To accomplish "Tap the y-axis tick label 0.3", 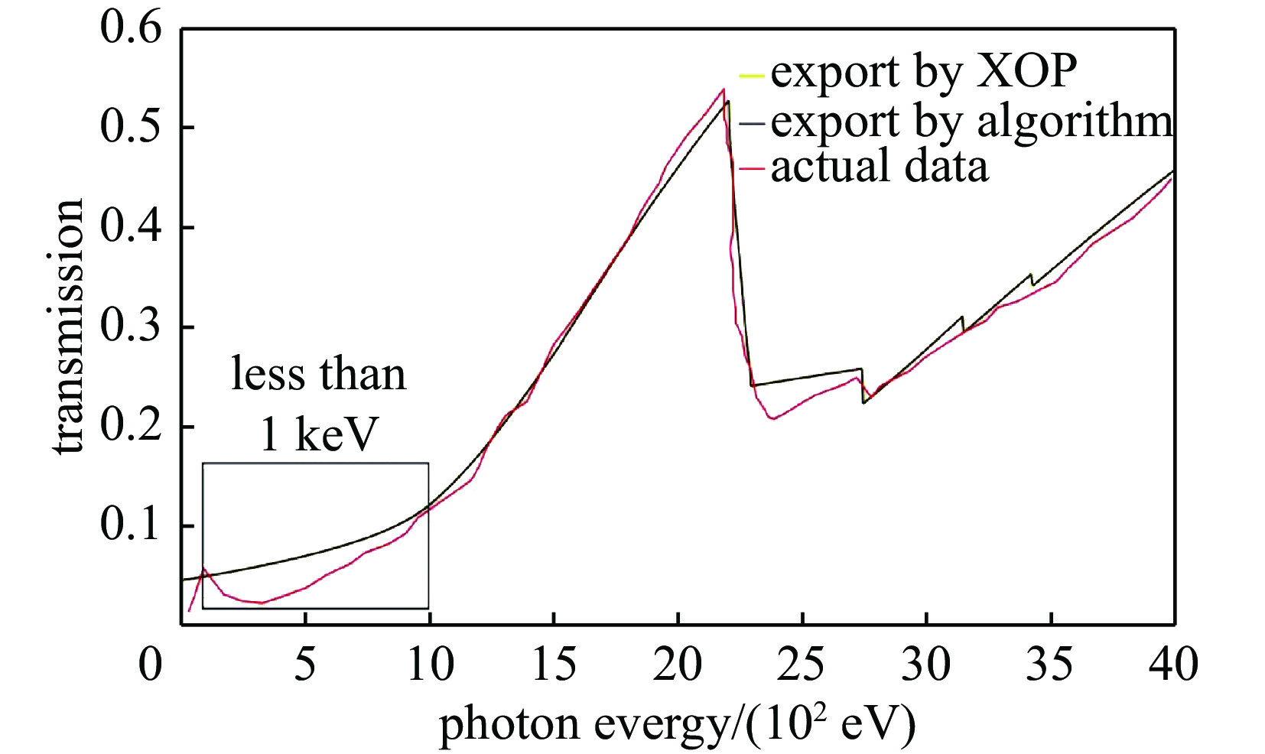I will (131, 327).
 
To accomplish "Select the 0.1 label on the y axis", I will (131, 526).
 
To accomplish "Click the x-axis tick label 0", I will (151, 664).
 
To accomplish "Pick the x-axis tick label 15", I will (554, 664).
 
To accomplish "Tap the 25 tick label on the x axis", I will (802, 664).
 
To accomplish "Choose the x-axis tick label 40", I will (1173, 664).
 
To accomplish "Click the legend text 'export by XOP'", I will (923, 72).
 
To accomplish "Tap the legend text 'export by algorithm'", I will (971, 121).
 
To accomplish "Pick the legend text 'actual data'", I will (879, 167).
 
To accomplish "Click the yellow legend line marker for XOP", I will (752, 76).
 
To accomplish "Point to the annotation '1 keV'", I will (319, 435).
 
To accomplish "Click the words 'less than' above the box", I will (318, 375).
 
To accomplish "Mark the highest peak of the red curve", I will (723, 89).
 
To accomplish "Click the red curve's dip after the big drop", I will (773, 418).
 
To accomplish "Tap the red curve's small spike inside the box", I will (203, 568).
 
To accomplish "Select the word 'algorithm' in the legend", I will (1073, 121).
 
